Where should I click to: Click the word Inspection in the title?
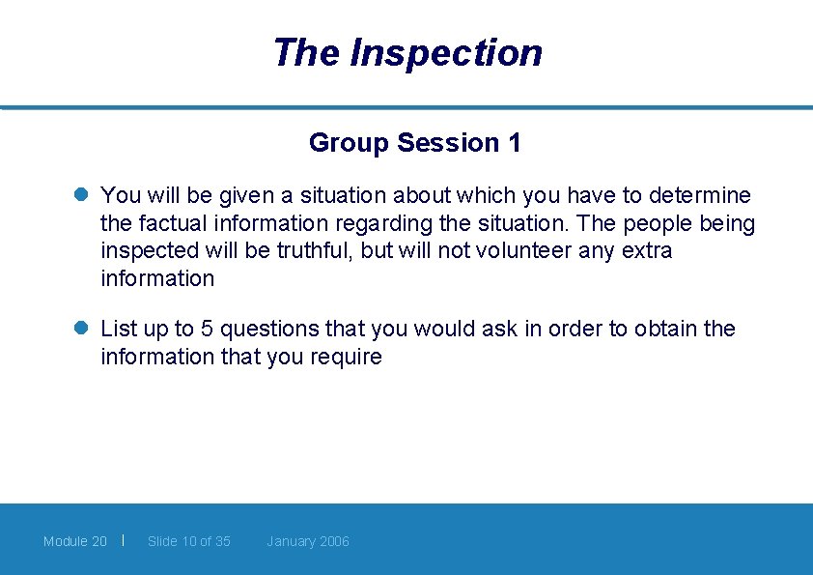pos(445,52)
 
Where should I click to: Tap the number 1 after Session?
pos(514,143)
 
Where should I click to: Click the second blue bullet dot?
pos(83,330)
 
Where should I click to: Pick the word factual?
pos(168,223)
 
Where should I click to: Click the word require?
pos(346,358)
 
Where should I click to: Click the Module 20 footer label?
pos(75,541)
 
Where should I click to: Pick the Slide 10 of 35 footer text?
pos(189,541)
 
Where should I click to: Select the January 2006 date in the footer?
pos(308,541)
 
